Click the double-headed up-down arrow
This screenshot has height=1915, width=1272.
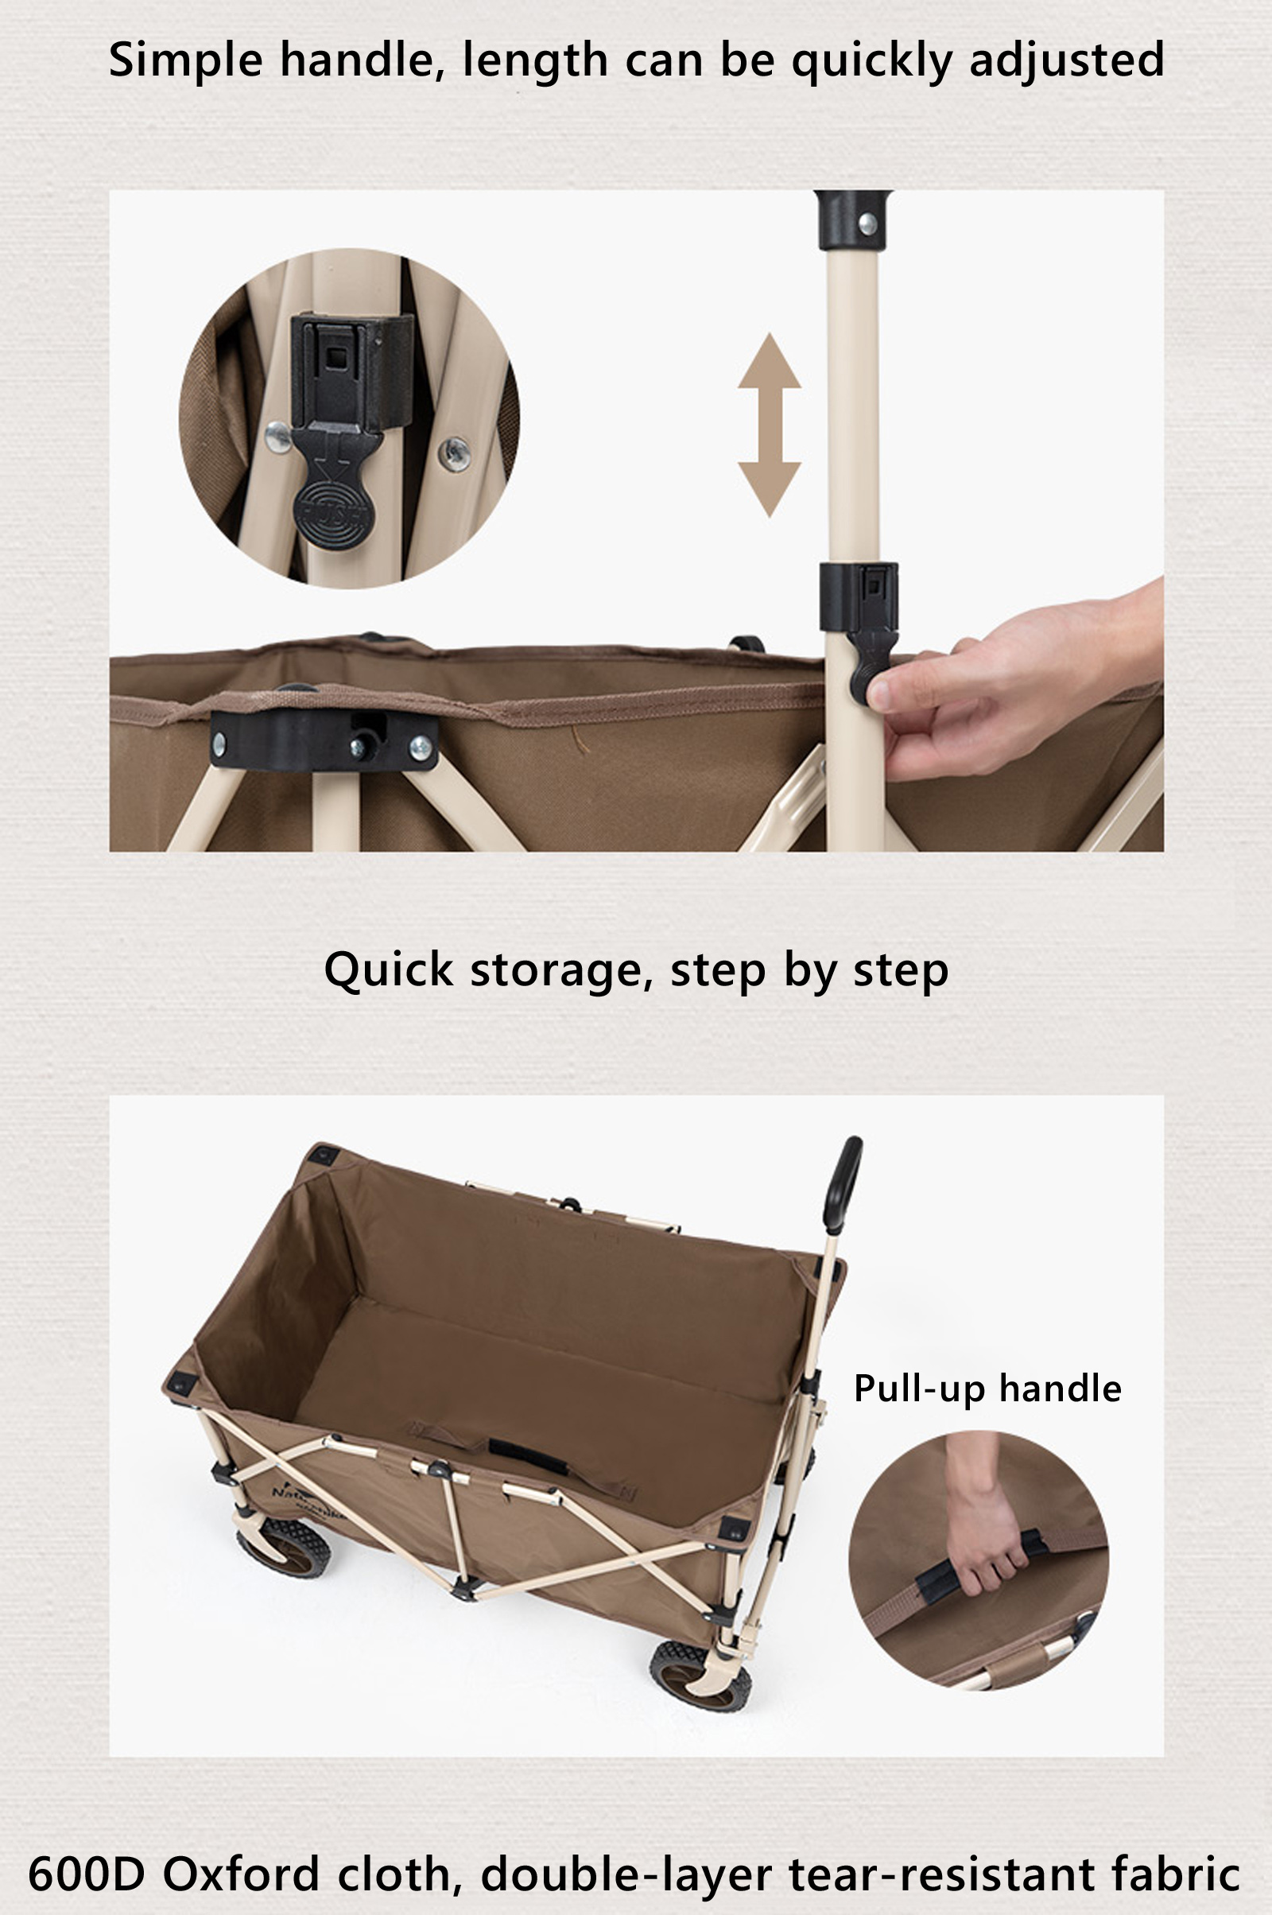click(769, 425)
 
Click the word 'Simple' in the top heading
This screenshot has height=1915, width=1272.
click(186, 61)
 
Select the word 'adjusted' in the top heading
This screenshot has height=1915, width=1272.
click(1067, 60)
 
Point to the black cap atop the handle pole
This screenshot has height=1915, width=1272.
click(852, 220)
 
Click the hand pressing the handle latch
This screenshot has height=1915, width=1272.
click(1018, 682)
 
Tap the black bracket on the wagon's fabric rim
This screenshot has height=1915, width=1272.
click(324, 740)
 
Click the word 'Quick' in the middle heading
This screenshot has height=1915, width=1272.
click(389, 969)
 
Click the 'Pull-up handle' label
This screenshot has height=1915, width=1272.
click(987, 1389)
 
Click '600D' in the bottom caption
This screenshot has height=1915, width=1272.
click(86, 1873)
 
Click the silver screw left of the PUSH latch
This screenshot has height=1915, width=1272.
click(278, 438)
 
